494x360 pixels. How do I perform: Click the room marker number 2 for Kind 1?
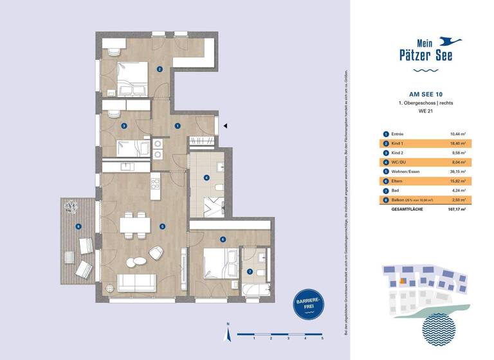[160, 69]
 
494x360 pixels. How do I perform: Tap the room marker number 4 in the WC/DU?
[206, 177]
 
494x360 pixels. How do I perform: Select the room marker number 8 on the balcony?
[78, 226]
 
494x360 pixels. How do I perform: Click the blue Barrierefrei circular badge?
[307, 303]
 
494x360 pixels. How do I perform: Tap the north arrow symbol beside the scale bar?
[227, 333]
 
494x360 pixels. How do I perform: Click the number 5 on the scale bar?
[322, 338]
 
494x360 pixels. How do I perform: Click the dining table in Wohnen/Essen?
[135, 226]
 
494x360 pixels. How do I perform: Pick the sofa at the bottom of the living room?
[136, 283]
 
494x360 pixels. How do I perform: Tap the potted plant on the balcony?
[71, 206]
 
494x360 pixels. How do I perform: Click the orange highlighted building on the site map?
[402, 280]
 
